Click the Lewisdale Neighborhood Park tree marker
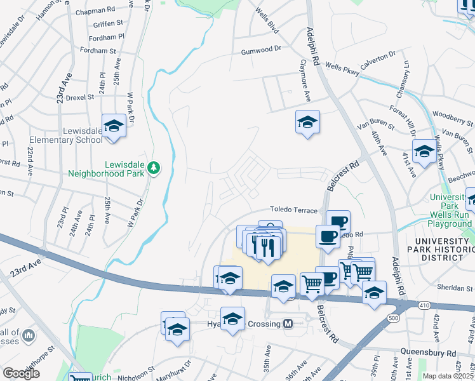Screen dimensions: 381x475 [153, 168]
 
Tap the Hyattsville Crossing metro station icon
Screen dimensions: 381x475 [288, 324]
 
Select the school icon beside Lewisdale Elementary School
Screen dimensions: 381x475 [114, 126]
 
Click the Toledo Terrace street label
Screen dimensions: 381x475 [293, 209]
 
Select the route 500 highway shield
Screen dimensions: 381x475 [393, 317]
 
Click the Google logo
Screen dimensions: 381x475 [22, 373]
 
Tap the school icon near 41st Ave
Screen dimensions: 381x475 [424, 151]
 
